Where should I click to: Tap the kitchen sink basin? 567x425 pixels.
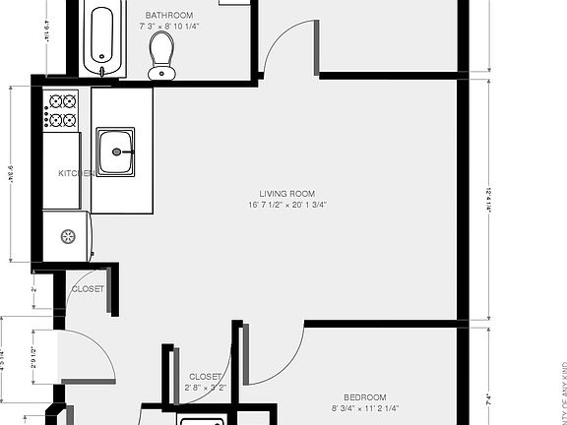tap(118, 152)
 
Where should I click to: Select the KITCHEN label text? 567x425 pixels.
tap(76, 173)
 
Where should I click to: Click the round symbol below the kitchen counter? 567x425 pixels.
tap(69, 236)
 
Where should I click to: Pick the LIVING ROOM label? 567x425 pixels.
tap(286, 194)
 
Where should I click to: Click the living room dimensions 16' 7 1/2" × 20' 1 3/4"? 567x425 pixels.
tap(286, 206)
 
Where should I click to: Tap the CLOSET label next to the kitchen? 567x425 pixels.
tap(88, 289)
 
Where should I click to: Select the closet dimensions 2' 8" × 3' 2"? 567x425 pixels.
tap(206, 389)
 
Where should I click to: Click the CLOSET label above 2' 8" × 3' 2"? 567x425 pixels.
tap(206, 377)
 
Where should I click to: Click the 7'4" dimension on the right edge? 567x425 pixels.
tap(488, 399)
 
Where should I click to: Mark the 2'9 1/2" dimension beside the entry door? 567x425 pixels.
tap(34, 357)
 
